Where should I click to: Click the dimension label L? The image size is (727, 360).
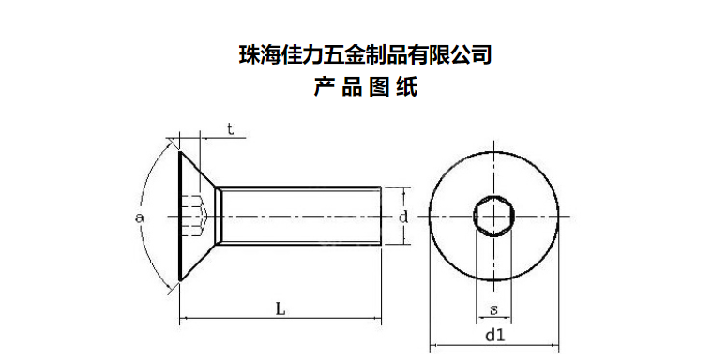click(x=280, y=308)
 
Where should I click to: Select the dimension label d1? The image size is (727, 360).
click(x=494, y=336)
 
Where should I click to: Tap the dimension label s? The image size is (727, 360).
click(x=493, y=309)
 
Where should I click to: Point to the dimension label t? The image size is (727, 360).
click(x=230, y=129)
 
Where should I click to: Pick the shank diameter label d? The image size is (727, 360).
click(x=403, y=216)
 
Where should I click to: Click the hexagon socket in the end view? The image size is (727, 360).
click(x=493, y=217)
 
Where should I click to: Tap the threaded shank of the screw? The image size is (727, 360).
click(x=298, y=216)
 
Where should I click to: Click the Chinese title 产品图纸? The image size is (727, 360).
click(x=365, y=87)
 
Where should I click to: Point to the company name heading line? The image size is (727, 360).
click(x=365, y=54)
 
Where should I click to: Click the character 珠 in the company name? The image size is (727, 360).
click(x=249, y=54)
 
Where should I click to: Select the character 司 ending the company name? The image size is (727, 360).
click(x=481, y=54)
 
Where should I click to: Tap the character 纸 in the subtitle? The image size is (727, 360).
click(x=407, y=87)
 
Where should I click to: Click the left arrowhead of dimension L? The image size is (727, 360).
click(x=183, y=319)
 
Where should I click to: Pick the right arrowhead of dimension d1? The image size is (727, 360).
click(x=555, y=345)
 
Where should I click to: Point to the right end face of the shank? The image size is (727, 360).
click(x=381, y=216)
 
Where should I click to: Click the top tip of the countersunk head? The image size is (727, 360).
click(x=180, y=151)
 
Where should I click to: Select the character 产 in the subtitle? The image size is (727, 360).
click(x=324, y=87)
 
